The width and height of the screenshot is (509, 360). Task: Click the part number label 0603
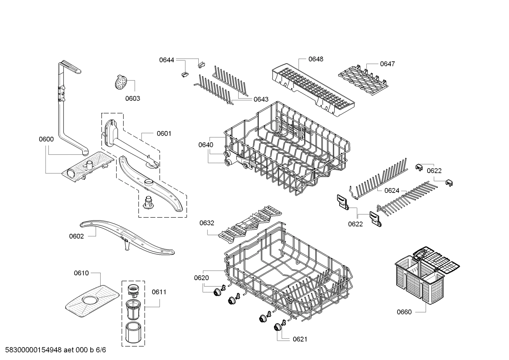[x=132, y=99]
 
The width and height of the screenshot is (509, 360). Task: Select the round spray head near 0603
[x=122, y=82]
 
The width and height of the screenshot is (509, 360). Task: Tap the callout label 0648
[x=316, y=59]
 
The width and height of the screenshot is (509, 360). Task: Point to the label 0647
[x=387, y=64]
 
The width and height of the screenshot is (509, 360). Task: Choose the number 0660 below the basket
[x=404, y=312]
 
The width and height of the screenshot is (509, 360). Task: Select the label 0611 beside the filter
[x=159, y=292]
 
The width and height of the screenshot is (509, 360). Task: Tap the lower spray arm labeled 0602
[x=127, y=238]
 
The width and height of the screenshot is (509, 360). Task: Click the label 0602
[x=76, y=236]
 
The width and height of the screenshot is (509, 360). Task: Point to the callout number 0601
[x=164, y=134]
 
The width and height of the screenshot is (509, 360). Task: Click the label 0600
[x=46, y=139]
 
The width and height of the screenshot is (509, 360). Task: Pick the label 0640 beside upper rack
[x=205, y=145]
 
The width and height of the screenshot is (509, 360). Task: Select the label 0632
[x=206, y=223]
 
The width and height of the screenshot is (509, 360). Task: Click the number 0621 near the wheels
[x=300, y=339]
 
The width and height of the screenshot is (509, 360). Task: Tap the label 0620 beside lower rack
[x=201, y=278]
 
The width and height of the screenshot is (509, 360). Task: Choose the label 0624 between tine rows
[x=391, y=191]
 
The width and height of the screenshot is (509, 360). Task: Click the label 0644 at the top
[x=166, y=60]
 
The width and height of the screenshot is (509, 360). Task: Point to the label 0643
[x=261, y=100]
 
